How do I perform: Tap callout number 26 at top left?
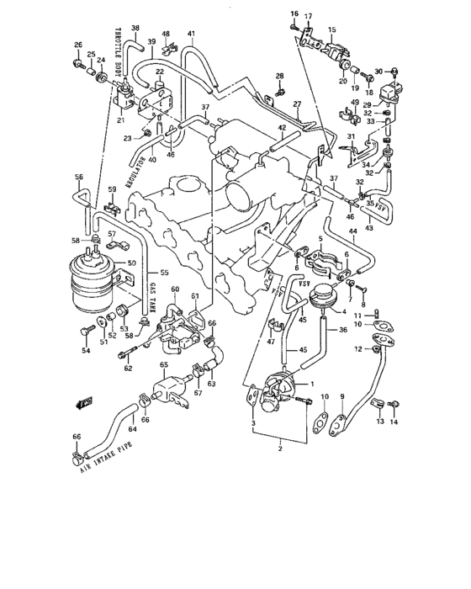(x=78, y=45)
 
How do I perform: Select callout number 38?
(x=135, y=28)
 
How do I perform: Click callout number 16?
(x=294, y=14)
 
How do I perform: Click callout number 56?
(x=79, y=177)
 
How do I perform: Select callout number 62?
(x=128, y=369)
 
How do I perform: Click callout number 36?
(x=343, y=329)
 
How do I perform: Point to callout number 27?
(x=297, y=104)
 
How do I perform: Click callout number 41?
(x=191, y=34)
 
